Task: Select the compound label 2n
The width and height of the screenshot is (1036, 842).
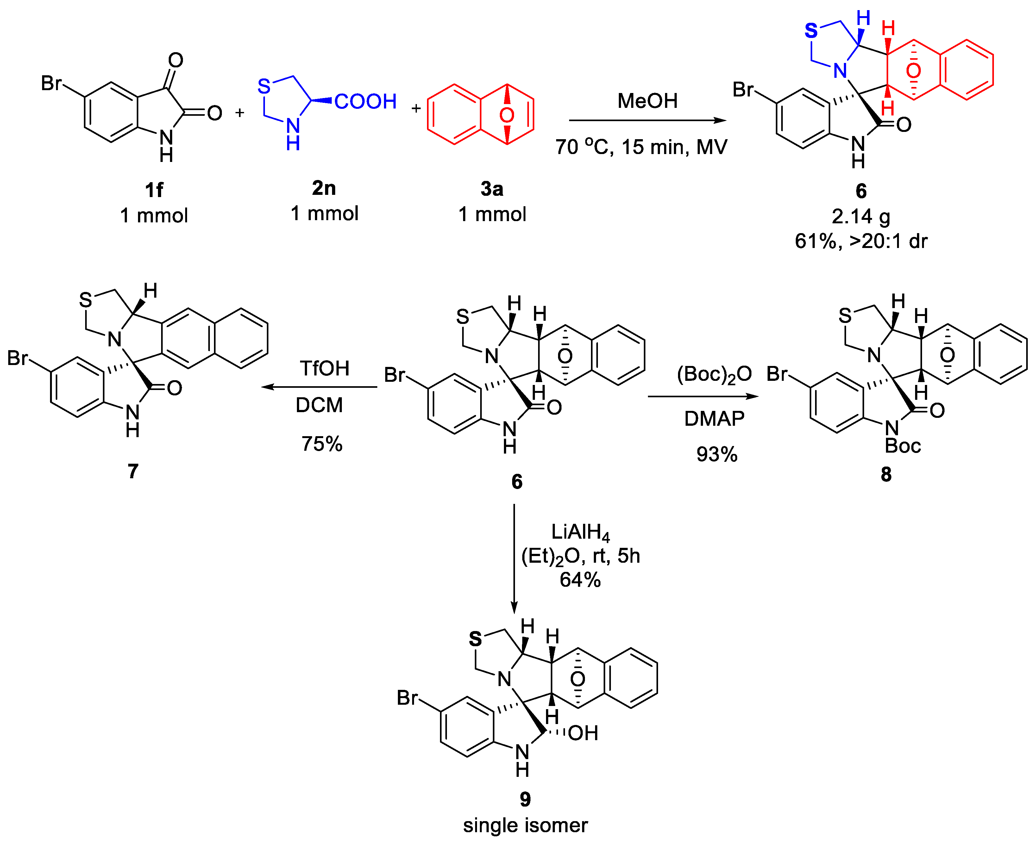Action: pyautogui.click(x=324, y=188)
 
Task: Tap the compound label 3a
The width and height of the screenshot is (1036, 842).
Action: pyautogui.click(x=492, y=189)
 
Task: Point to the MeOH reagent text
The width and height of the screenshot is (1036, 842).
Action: pyautogui.click(x=647, y=101)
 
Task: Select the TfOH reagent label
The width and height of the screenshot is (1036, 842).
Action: pyautogui.click(x=324, y=368)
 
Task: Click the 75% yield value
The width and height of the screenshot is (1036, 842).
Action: pyautogui.click(x=322, y=444)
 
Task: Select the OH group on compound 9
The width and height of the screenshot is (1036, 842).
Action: pyautogui.click(x=583, y=734)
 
